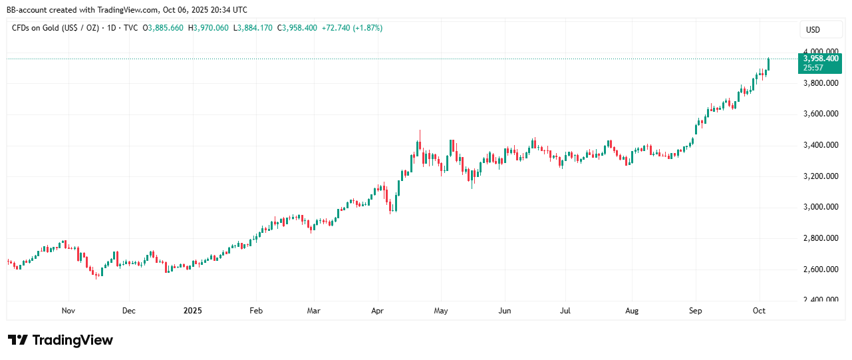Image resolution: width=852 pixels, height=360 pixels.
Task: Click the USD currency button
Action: (813, 30)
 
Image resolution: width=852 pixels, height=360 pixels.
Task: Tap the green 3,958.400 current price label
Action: (821, 58)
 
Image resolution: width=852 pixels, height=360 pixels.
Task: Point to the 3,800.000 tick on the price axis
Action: (821, 83)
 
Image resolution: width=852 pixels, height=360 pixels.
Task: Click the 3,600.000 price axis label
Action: (821, 114)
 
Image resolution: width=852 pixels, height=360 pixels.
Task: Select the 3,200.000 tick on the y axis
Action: (821, 176)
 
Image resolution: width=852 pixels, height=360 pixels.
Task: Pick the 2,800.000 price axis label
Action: (821, 238)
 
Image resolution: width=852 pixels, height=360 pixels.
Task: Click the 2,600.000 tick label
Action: (821, 270)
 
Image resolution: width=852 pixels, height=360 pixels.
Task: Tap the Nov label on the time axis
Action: (68, 311)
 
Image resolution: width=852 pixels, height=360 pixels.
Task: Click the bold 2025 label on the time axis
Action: (192, 311)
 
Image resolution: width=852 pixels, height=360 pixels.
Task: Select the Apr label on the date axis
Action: (378, 311)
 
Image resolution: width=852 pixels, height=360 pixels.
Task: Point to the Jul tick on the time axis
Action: (565, 311)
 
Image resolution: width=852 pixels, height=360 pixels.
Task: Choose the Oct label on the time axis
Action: (759, 311)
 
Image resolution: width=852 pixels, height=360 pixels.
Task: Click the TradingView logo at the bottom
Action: (61, 340)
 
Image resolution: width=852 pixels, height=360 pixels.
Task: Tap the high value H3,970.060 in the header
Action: (208, 28)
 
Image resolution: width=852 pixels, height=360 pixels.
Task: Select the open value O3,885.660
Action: (163, 28)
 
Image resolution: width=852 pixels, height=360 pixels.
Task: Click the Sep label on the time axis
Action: (696, 311)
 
